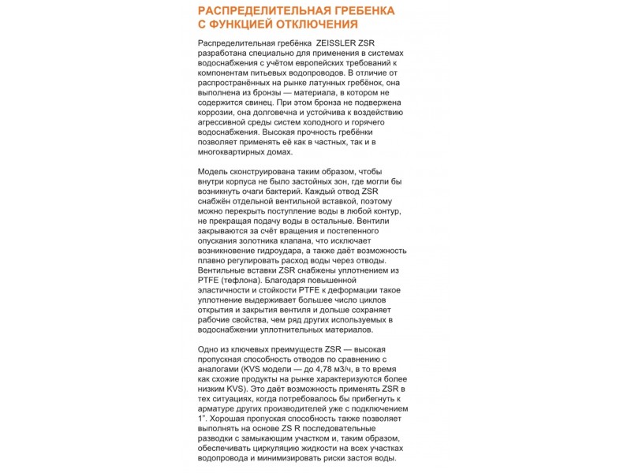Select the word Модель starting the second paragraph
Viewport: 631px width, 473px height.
[214, 171]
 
